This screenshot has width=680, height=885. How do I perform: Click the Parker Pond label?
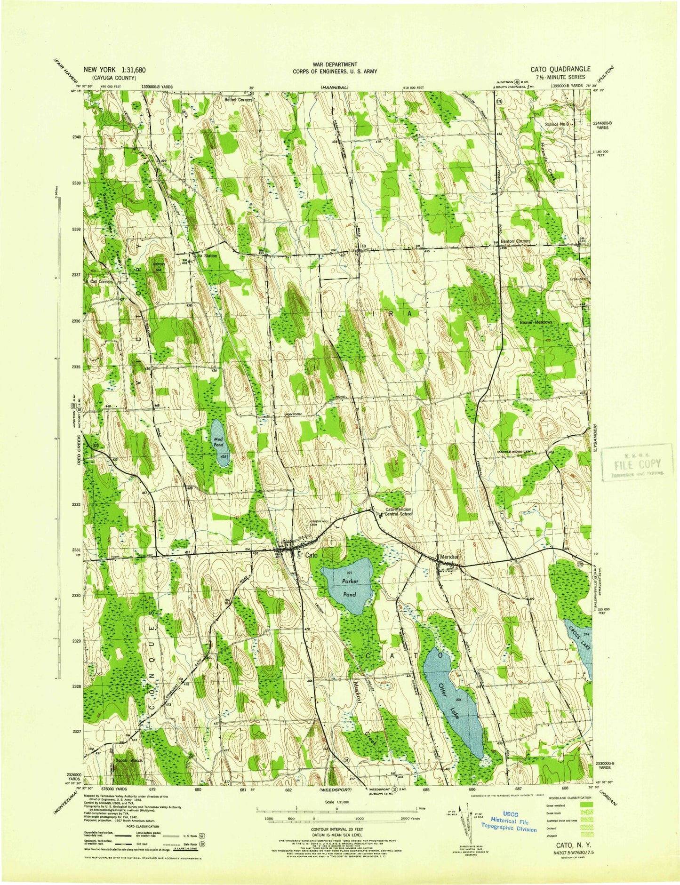click(x=349, y=588)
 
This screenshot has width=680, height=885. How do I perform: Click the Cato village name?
click(x=311, y=555)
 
